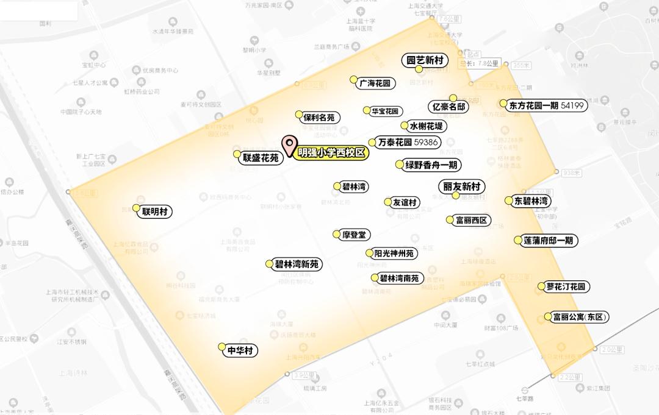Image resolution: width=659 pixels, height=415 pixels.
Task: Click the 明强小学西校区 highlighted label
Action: [x=331, y=153]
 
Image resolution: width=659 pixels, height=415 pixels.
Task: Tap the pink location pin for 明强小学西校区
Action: [x=287, y=145]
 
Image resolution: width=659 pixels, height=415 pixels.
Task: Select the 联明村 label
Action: [x=155, y=211]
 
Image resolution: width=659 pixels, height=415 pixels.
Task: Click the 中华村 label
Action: [x=240, y=350]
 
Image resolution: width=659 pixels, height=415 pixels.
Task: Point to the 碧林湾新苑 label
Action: [x=297, y=264]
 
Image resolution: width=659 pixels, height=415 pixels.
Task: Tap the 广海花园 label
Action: [x=374, y=83]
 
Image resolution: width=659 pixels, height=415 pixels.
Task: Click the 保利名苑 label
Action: [x=319, y=117]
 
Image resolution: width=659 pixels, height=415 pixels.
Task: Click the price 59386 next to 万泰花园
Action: [x=427, y=142]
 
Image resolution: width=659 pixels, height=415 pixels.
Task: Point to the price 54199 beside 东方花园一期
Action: [x=572, y=105]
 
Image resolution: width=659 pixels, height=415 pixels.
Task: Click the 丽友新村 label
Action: [x=461, y=186]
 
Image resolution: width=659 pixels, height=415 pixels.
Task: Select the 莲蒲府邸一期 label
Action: [x=548, y=240]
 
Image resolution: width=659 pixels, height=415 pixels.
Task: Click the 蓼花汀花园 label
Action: [x=567, y=286]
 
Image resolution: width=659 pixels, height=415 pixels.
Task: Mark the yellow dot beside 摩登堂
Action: [x=336, y=234]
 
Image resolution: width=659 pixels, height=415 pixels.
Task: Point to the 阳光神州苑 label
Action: [x=394, y=253]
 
